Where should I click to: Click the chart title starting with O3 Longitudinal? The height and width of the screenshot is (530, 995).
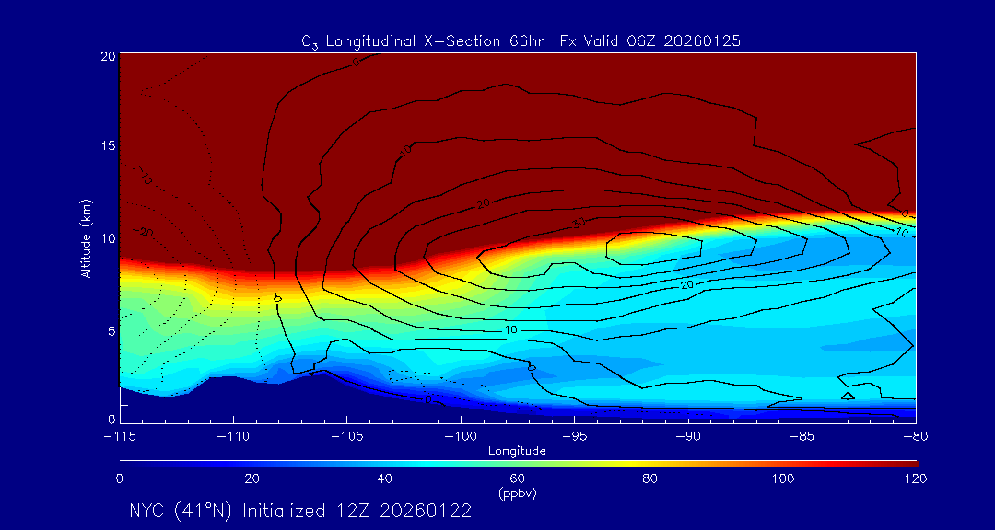[x=521, y=41]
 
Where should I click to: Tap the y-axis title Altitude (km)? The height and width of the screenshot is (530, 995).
[x=86, y=237]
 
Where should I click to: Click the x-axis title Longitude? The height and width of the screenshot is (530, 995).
[x=517, y=451]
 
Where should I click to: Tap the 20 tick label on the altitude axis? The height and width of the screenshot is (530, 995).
[x=107, y=56]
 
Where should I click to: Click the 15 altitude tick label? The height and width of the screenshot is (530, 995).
[x=107, y=147]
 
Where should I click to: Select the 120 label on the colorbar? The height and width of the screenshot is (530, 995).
[x=916, y=478]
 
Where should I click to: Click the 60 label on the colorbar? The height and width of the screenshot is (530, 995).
[x=518, y=478]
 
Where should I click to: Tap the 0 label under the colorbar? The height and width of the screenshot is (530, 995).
[x=120, y=478]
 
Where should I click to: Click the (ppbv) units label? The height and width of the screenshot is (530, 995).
[x=518, y=492]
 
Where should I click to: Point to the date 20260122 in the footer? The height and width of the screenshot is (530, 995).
[x=427, y=511]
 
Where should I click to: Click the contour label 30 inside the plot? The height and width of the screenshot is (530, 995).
[x=579, y=223]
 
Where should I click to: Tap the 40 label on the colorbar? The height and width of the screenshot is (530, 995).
[x=385, y=478]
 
